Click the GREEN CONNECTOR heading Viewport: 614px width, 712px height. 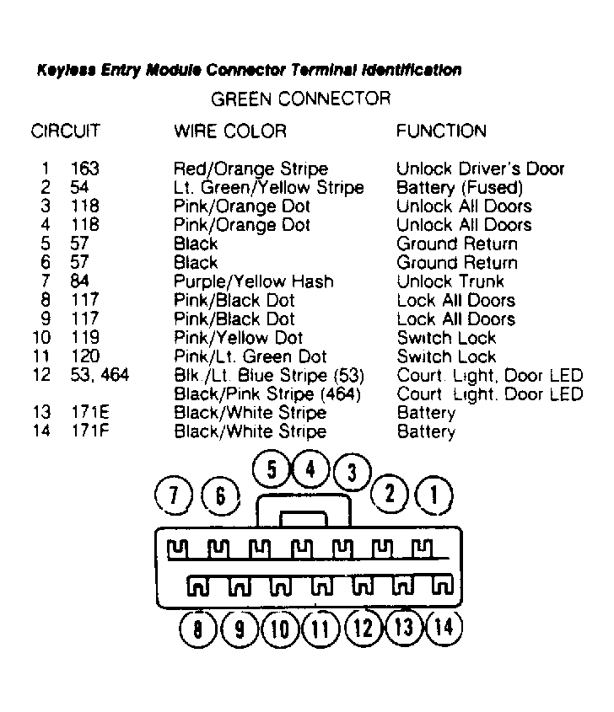coord(300,99)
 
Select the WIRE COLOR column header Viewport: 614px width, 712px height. coord(229,131)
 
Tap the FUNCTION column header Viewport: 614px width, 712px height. coord(441,131)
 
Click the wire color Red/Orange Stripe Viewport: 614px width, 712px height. coord(250,169)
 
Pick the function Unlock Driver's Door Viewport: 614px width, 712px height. coord(480,169)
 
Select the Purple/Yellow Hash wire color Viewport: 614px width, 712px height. coord(253,281)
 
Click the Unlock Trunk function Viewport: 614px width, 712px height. coord(450,281)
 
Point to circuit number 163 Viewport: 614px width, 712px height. coord(86,169)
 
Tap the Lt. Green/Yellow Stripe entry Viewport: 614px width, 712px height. coord(268,187)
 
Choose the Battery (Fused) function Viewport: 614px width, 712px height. coord(460,187)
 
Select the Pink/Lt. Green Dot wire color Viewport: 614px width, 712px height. coord(250,356)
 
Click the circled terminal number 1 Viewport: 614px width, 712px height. coord(434,495)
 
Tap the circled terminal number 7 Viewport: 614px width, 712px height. coord(175,497)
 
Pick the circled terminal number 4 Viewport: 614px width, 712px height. coord(310,469)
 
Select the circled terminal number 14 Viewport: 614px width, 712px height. coord(444,628)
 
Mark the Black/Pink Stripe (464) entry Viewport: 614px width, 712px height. coord(267,394)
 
